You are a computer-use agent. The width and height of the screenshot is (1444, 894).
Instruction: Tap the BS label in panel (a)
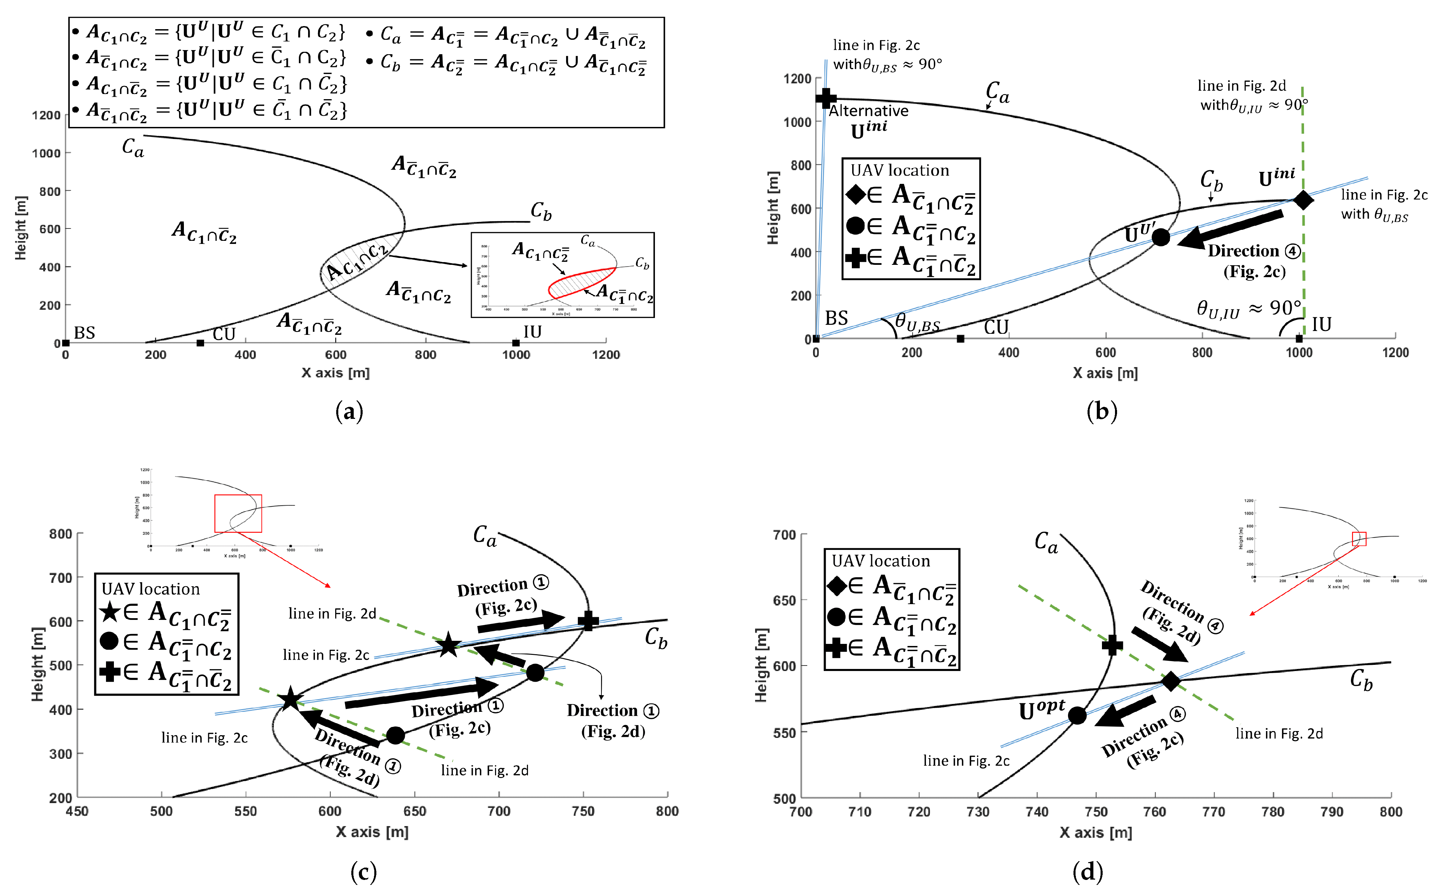click(x=84, y=332)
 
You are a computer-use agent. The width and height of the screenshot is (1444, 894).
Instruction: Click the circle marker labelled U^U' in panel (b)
click(x=1161, y=237)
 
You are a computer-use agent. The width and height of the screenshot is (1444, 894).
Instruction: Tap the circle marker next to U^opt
click(x=1077, y=715)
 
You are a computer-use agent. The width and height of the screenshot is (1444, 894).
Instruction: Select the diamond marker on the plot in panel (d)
click(x=1171, y=681)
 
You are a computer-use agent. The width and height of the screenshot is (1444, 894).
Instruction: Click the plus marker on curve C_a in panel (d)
click(x=1112, y=645)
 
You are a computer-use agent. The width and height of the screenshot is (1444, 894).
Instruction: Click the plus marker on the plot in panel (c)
click(x=588, y=621)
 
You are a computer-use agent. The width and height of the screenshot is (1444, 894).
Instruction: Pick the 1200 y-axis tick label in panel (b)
click(x=797, y=79)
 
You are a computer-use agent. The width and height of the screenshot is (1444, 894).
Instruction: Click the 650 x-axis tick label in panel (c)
click(x=414, y=811)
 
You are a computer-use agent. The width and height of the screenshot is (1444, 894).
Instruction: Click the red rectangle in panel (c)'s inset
click(x=238, y=513)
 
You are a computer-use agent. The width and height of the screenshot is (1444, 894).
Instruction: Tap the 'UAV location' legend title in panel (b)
click(x=900, y=170)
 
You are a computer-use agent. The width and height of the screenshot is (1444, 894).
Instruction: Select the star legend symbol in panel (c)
click(x=110, y=611)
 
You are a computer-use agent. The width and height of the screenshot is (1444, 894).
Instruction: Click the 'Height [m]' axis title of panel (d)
click(x=761, y=665)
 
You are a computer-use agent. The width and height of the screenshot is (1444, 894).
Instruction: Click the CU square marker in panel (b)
click(x=960, y=339)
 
